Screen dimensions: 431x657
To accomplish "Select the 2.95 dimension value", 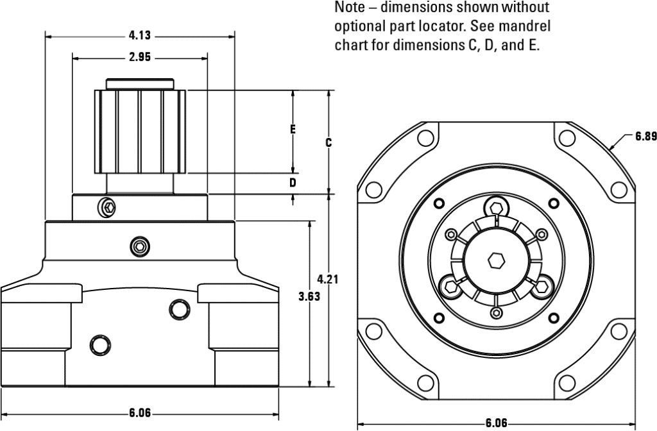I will [x=139, y=58].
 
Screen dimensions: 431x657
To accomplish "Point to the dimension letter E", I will [x=293, y=130].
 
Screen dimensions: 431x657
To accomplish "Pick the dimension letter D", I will [x=293, y=183].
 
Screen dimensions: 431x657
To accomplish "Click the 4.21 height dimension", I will [x=328, y=279].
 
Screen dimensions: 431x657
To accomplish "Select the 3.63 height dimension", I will [x=310, y=297].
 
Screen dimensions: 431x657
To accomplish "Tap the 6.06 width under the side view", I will [x=140, y=413].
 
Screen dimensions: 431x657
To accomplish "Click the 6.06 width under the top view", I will [x=496, y=423].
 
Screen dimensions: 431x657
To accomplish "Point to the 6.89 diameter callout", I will [x=645, y=136].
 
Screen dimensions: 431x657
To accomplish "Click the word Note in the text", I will [x=349, y=8].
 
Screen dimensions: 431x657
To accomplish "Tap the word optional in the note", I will [x=358, y=27].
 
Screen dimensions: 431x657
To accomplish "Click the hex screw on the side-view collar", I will [x=108, y=207].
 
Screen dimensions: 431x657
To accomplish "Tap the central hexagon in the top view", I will [x=495, y=260].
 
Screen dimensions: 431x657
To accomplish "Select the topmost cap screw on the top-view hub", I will [x=495, y=207].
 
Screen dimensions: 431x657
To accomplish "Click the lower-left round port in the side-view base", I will [x=99, y=344].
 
